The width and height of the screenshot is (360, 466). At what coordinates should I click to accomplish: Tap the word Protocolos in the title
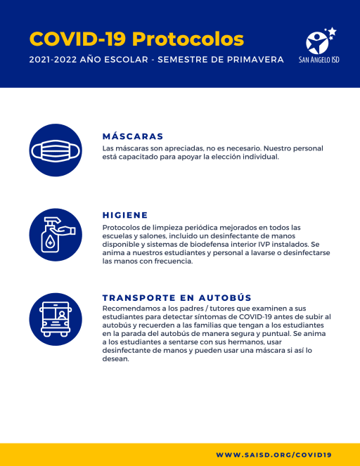point(188,38)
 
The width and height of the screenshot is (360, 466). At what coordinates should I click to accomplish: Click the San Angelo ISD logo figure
point(320,41)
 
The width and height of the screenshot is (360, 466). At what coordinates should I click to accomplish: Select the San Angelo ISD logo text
point(319,60)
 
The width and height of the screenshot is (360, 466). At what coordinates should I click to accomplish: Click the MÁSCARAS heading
point(133,136)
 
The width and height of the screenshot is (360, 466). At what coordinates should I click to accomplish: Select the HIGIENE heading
point(125,215)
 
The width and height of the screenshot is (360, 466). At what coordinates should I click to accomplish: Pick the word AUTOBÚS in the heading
point(226,297)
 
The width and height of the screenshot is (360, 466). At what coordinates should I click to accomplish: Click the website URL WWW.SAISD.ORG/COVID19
point(274,455)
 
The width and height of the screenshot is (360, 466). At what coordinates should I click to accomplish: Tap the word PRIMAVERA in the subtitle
point(255,60)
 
